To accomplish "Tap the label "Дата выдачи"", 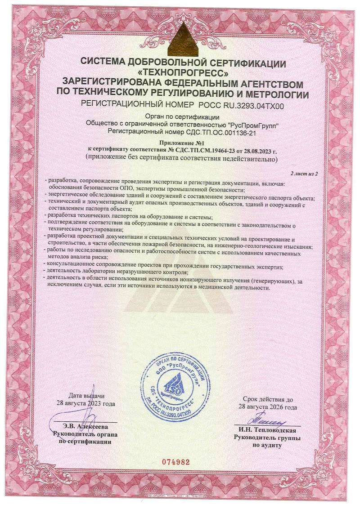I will [x=86, y=396].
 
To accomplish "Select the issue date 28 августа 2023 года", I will [x=86, y=403].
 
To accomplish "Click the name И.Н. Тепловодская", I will [x=270, y=429].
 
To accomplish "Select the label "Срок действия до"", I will [x=268, y=399].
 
